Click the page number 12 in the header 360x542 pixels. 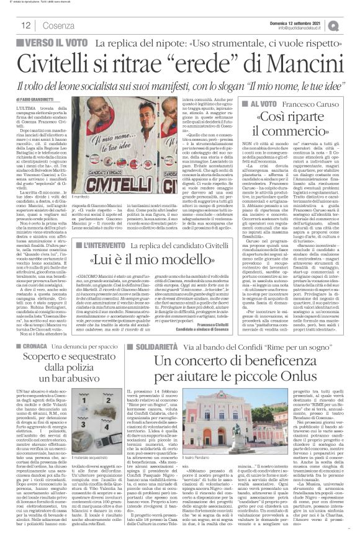26,25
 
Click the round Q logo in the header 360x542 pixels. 351,25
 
